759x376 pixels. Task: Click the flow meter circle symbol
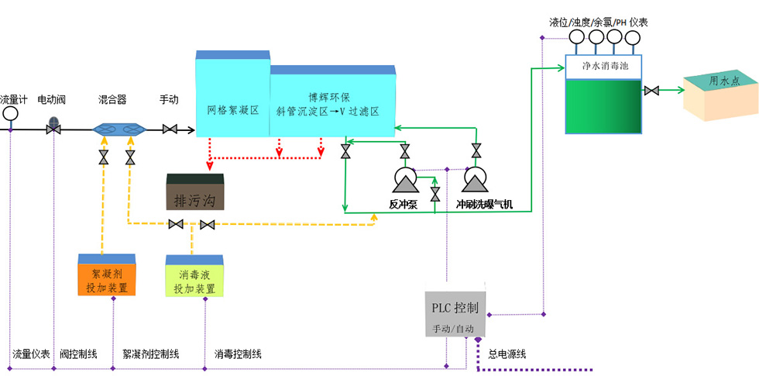tap(11, 113)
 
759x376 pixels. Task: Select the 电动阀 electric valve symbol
tap(54, 126)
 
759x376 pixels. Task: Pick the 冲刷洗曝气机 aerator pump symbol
tap(475, 180)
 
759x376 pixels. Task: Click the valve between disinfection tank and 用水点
tap(652, 91)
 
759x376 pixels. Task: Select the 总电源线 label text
tap(507, 354)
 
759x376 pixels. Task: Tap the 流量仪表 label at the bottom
tap(31, 354)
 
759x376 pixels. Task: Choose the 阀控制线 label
tap(78, 354)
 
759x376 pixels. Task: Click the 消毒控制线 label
tap(238, 354)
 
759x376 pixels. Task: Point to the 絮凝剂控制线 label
tap(151, 354)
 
